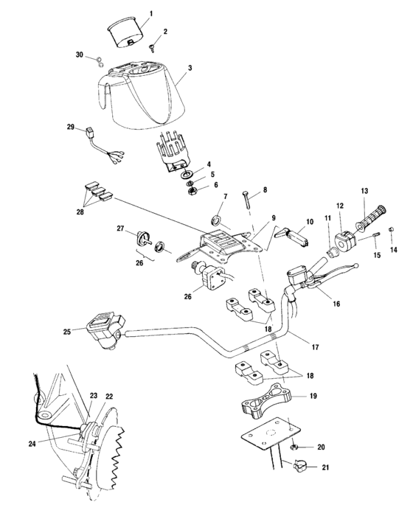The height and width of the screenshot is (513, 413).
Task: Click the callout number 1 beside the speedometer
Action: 152,14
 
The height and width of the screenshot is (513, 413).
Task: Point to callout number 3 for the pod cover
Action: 190,68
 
